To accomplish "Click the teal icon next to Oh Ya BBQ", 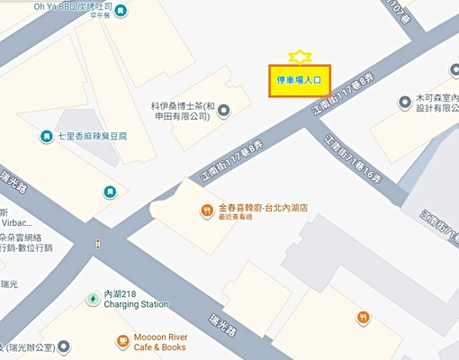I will pyautogui.click(x=121, y=10).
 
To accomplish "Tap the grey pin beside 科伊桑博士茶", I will pyautogui.click(x=224, y=111).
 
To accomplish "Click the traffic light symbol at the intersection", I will pyautogui.click(x=97, y=245).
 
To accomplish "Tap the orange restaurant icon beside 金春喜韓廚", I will pyautogui.click(x=207, y=211).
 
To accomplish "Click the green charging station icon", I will pyautogui.click(x=92, y=299).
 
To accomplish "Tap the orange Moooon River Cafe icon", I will pyautogui.click(x=122, y=341).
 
